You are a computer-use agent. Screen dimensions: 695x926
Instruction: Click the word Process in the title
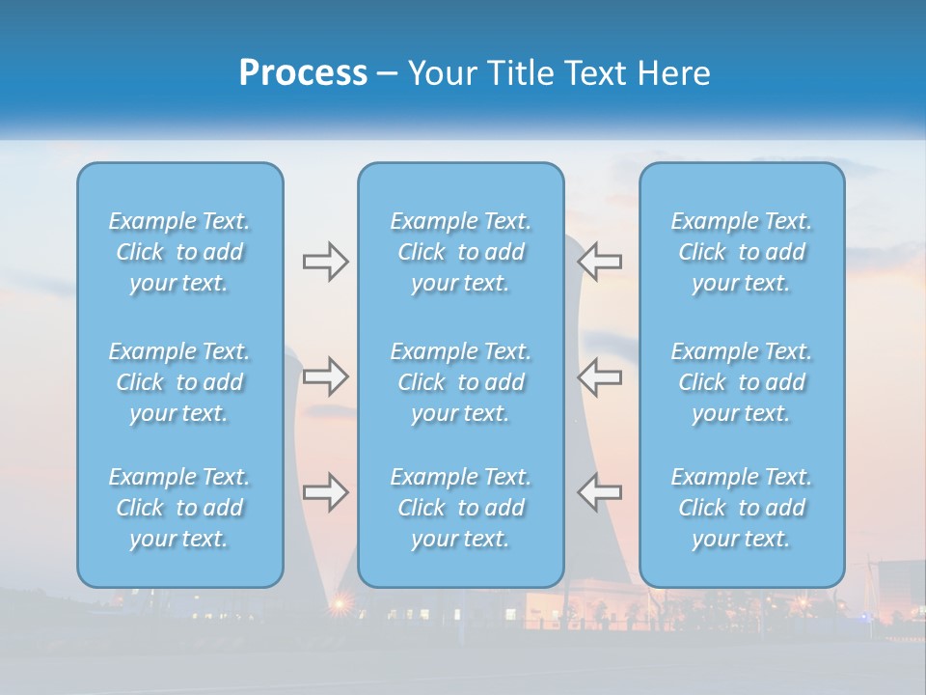303,72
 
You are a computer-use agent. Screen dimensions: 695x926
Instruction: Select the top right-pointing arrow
325,262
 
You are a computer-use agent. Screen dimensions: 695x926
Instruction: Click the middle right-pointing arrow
325,376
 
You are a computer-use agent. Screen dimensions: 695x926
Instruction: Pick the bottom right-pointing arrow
325,492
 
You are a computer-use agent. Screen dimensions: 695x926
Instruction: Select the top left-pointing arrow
599,262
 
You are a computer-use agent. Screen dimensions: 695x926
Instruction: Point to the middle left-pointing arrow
599,376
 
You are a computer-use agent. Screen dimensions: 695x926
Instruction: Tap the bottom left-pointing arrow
599,492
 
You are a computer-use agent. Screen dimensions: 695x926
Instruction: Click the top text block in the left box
179,252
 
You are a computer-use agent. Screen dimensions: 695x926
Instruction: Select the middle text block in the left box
179,382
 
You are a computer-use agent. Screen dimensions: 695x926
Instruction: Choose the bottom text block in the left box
179,508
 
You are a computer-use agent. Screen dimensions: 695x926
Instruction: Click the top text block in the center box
460,252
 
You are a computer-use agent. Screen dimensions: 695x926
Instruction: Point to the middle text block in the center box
460,382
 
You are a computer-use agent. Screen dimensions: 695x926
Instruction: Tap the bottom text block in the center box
460,508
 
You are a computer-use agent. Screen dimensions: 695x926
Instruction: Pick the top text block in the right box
742,252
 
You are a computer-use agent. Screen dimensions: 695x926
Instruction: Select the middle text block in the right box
742,382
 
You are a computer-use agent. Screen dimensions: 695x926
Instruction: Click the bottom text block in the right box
742,508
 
